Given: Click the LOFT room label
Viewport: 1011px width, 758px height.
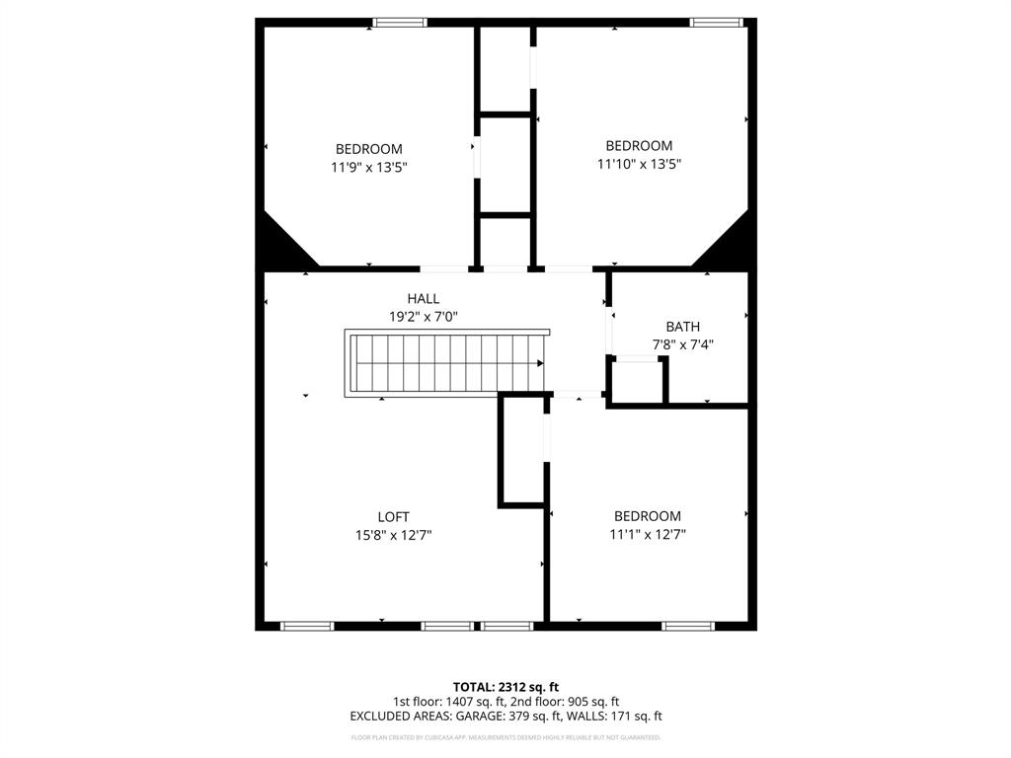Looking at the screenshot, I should click(393, 517).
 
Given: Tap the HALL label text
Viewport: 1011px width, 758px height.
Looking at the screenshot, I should click(424, 299).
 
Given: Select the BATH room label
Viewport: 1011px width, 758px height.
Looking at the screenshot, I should click(682, 327).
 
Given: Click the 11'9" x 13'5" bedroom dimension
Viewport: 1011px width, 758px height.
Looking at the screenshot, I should click(369, 168).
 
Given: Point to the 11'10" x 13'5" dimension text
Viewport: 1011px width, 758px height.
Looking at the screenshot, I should click(639, 165).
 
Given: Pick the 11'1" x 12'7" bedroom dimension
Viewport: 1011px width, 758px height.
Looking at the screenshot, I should click(648, 535).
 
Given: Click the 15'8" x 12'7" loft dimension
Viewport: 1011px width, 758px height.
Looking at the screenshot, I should click(393, 536).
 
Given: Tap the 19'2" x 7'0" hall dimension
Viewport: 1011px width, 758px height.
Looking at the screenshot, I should click(424, 317).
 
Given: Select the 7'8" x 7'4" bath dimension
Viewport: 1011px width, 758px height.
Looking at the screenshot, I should click(682, 345).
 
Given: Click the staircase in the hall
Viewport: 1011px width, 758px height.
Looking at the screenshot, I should click(445, 363).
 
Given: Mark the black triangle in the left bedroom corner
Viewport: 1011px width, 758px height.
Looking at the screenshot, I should click(278, 245).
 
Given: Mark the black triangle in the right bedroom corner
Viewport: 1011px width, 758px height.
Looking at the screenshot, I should click(729, 244).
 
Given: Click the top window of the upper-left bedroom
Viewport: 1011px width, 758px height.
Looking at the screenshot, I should click(400, 22).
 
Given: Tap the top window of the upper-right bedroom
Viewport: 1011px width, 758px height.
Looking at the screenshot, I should click(716, 22).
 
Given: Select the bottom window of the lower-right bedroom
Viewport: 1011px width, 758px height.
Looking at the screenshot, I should click(687, 626).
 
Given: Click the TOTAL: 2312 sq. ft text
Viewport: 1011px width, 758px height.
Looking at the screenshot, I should click(505, 687).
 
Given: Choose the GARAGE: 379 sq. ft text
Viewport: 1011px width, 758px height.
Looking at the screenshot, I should click(548, 717).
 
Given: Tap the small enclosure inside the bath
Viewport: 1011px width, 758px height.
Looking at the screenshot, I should click(638, 380).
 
